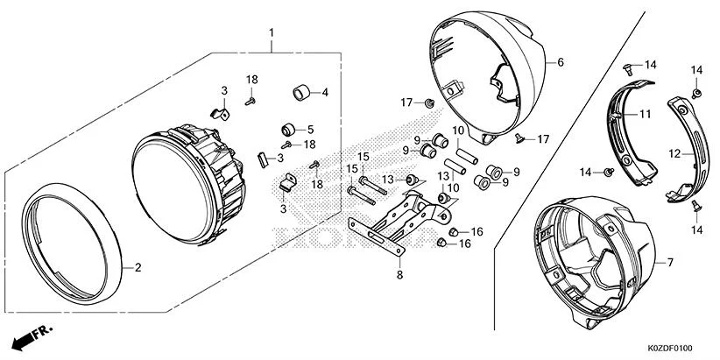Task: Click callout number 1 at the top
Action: point(272,33)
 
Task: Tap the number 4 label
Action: point(325,92)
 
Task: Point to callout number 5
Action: point(311,130)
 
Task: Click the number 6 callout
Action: point(561,63)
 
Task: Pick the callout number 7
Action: point(670,262)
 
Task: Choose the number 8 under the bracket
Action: point(400,275)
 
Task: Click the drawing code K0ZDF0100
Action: point(676,349)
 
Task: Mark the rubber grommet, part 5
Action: point(286,131)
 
